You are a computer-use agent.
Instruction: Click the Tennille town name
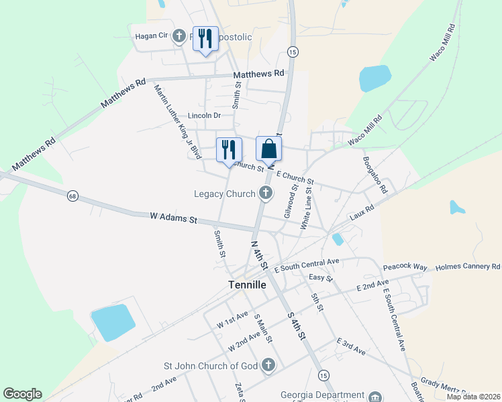click(x=247, y=285)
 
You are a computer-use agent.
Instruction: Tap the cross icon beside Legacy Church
click(x=266, y=194)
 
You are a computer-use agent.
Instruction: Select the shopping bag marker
click(x=268, y=149)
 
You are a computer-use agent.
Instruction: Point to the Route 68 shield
click(x=72, y=196)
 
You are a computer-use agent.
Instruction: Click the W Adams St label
click(x=173, y=218)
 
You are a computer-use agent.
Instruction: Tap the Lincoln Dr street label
click(x=204, y=115)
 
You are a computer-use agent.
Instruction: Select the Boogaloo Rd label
click(x=374, y=175)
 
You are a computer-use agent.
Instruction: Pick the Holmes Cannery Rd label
click(x=468, y=266)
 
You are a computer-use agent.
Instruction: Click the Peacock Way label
click(x=405, y=267)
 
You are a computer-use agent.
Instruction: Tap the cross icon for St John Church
click(x=268, y=365)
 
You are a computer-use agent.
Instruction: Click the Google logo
click(x=22, y=394)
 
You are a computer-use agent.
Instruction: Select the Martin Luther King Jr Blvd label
click(x=177, y=121)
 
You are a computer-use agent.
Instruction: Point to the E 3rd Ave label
click(x=351, y=346)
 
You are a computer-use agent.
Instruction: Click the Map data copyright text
click(x=473, y=397)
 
